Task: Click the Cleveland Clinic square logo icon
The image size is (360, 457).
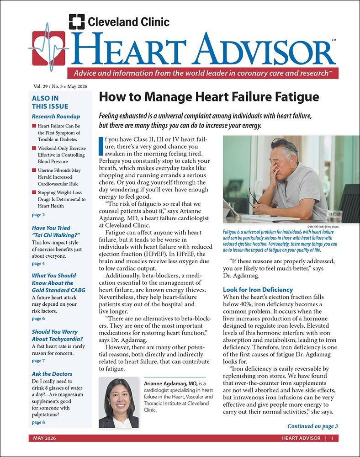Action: [76, 21]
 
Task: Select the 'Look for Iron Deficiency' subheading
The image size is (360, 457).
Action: [258, 290]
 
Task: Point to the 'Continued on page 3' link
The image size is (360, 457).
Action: [312, 426]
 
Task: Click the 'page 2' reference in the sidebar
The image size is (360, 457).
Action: [38, 214]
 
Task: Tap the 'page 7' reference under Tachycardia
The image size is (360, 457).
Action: [38, 361]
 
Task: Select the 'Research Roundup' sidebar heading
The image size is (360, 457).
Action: [56, 116]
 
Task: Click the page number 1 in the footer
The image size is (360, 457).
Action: [333, 438]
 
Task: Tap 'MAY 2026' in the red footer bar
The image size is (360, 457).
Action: [45, 438]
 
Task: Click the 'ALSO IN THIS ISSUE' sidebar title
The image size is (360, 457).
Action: [45, 102]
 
